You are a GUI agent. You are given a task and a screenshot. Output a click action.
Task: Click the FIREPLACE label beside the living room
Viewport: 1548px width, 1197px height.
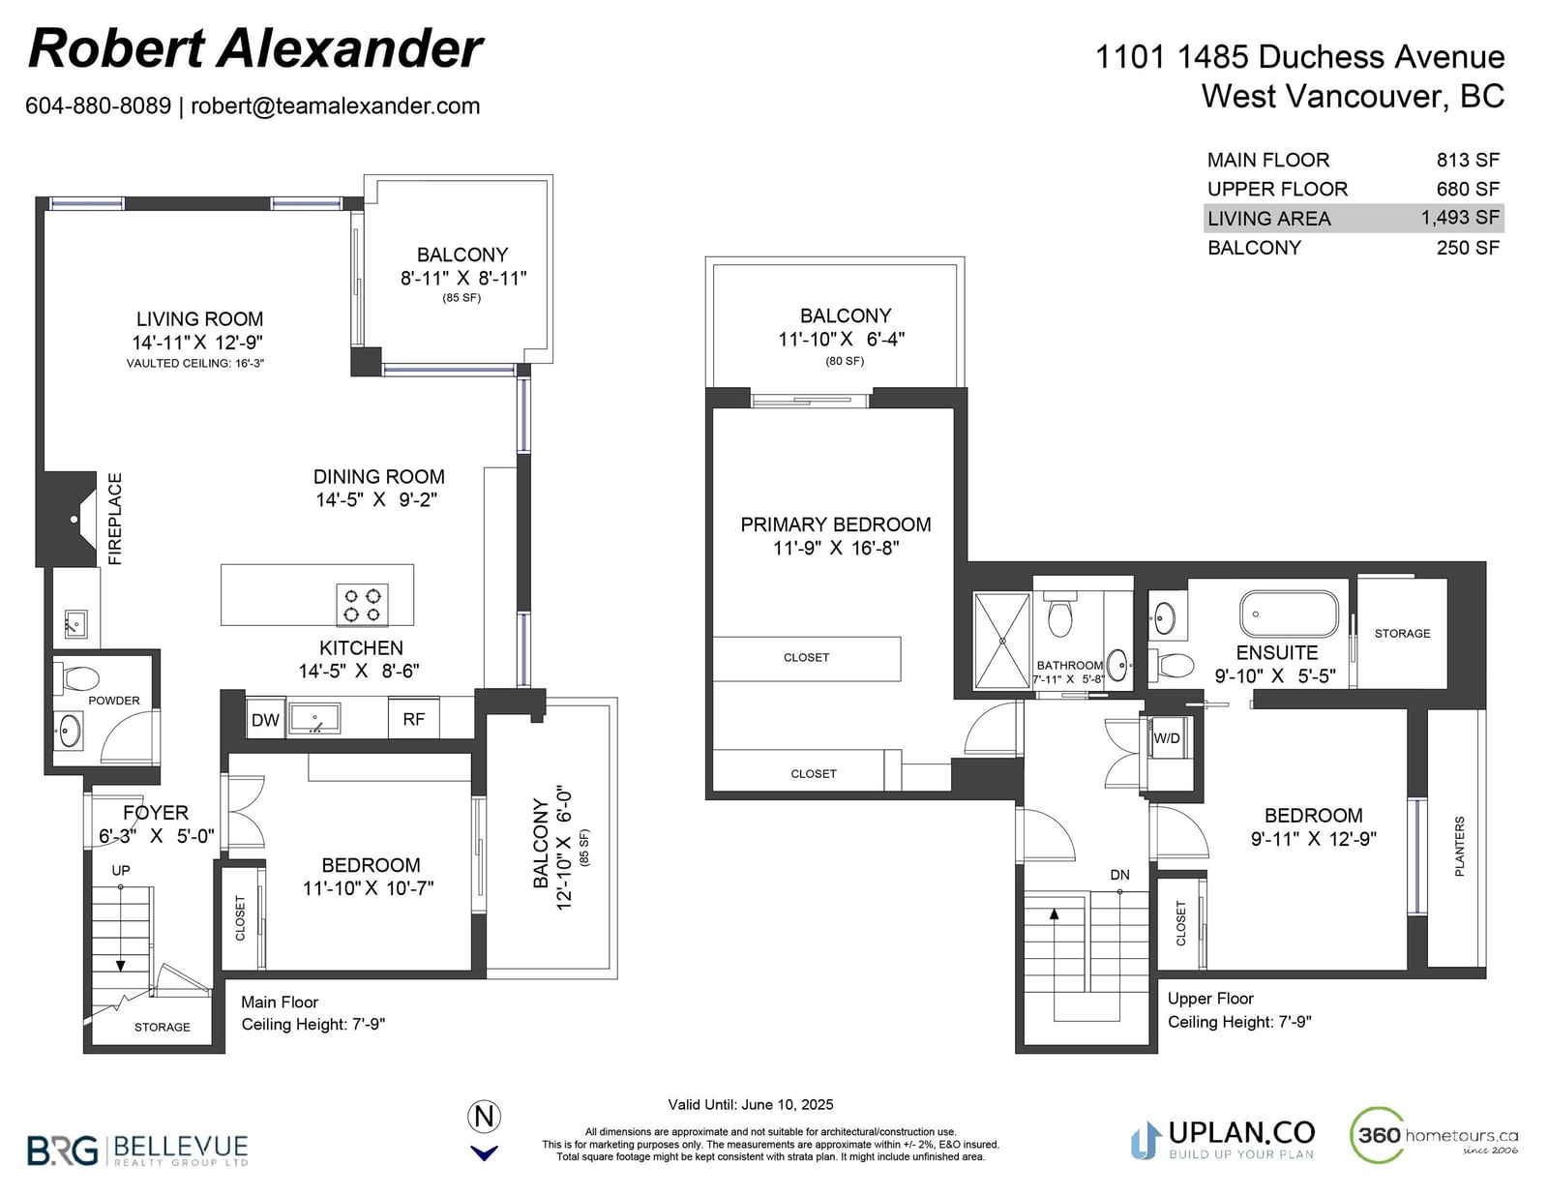click(115, 519)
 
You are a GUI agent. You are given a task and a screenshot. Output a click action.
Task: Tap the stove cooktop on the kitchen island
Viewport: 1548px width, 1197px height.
click(362, 605)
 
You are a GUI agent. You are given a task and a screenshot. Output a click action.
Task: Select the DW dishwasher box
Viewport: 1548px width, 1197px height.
click(266, 719)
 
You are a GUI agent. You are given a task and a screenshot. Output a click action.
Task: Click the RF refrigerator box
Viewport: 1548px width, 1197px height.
click(414, 719)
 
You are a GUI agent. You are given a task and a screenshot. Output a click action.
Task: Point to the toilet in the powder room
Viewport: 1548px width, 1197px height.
click(77, 677)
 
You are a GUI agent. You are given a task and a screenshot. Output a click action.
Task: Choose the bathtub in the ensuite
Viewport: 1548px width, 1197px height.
click(1290, 613)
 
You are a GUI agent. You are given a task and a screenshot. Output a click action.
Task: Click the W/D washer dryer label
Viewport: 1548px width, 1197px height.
click(1167, 738)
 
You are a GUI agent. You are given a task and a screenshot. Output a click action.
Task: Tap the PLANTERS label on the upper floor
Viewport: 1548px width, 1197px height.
click(1460, 846)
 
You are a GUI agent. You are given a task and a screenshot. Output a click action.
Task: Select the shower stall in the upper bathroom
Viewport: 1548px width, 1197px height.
click(1001, 642)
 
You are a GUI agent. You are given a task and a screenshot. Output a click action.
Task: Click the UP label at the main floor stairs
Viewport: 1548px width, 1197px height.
click(120, 870)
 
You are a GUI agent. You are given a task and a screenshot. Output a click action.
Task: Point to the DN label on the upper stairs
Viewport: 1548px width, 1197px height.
click(1119, 874)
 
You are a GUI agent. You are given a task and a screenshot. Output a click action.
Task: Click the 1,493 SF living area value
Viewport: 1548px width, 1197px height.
click(1460, 218)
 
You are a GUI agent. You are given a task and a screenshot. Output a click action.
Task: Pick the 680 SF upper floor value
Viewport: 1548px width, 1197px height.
click(1468, 189)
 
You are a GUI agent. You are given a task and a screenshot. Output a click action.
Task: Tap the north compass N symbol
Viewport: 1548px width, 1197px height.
click(484, 1116)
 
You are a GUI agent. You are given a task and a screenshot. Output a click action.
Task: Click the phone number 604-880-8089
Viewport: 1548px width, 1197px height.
click(99, 105)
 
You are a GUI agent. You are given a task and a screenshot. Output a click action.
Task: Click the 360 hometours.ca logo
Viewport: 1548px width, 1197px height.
click(1433, 1136)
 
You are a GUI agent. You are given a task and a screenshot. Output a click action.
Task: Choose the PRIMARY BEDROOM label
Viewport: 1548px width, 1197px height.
click(836, 524)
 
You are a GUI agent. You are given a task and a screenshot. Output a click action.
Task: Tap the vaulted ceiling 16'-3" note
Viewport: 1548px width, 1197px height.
click(195, 364)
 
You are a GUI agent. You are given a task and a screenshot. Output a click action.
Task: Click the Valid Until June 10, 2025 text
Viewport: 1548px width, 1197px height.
click(751, 1104)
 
